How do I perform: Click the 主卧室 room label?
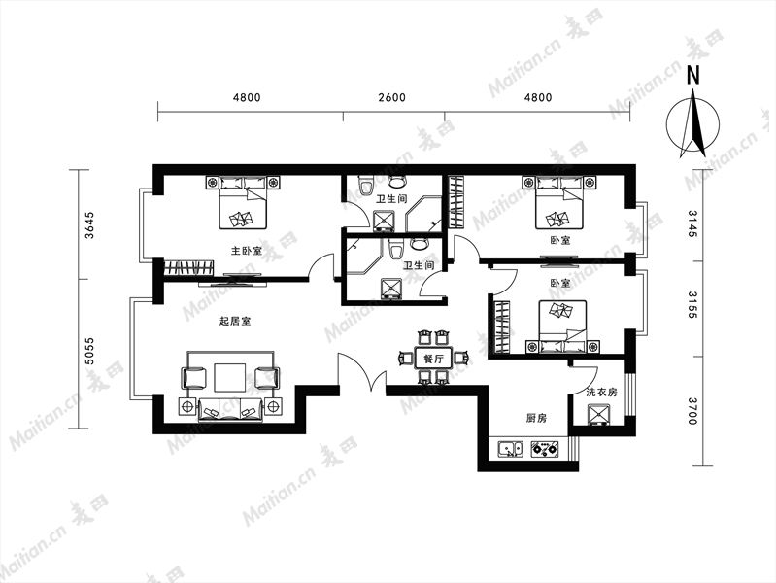[x=247, y=251]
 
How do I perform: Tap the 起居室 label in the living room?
[x=235, y=321]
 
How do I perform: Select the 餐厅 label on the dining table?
[x=433, y=359]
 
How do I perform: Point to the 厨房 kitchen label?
[x=536, y=419]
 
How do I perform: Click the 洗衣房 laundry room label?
[x=602, y=393]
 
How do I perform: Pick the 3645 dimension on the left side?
[x=89, y=225]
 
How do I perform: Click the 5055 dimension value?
[x=89, y=351]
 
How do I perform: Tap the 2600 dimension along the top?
[x=392, y=97]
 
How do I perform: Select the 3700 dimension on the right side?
[x=692, y=411]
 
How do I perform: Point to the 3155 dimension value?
[x=692, y=305]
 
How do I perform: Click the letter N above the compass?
[x=693, y=75]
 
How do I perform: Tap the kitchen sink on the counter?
[x=510, y=449]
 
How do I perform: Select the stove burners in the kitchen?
[x=545, y=449]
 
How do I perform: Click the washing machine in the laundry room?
[x=599, y=415]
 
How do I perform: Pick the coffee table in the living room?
[x=229, y=378]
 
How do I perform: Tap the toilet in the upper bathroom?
[x=367, y=187]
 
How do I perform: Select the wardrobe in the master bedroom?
[x=188, y=268]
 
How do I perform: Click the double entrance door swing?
[x=361, y=372]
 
